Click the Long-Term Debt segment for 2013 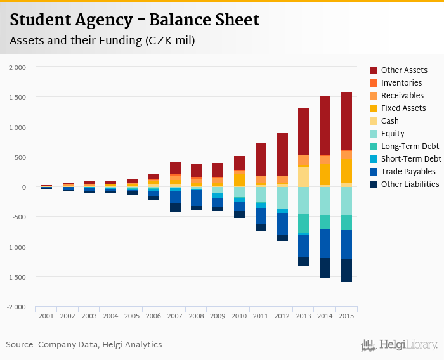click(304, 223)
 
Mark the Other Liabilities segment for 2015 click(346, 270)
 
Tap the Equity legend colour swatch click(374, 134)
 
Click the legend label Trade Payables click(408, 172)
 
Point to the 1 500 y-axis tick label click(16, 97)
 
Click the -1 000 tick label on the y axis click(16, 247)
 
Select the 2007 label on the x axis click(174, 316)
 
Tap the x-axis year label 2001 click(46, 316)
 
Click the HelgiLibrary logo click(399, 345)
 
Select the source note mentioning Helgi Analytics click(84, 345)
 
